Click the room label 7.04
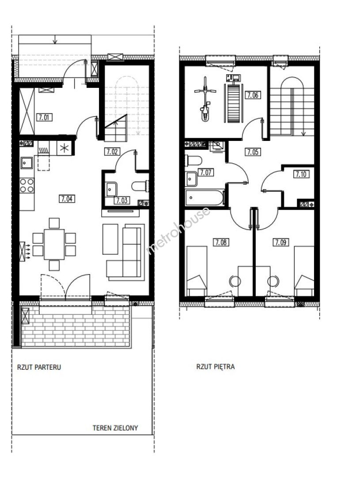pyautogui.click(x=67, y=199)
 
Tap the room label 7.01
pyautogui.click(x=45, y=117)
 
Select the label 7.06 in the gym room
pyautogui.click(x=252, y=95)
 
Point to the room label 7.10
pyautogui.click(x=301, y=174)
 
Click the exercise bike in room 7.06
pyautogui.click(x=205, y=99)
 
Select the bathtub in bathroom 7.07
pyautogui.click(x=205, y=197)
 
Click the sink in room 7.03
pyautogui.click(x=111, y=189)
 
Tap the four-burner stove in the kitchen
pyautogui.click(x=27, y=185)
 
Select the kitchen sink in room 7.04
pyautogui.click(x=27, y=163)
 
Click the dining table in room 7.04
pyautogui.click(x=54, y=244)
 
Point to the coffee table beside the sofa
pyautogui.click(x=110, y=239)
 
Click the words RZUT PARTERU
pyautogui.click(x=39, y=367)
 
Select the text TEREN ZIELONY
pyautogui.click(x=115, y=428)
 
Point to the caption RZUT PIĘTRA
pyautogui.click(x=216, y=367)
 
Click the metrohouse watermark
pyautogui.click(x=178, y=230)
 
